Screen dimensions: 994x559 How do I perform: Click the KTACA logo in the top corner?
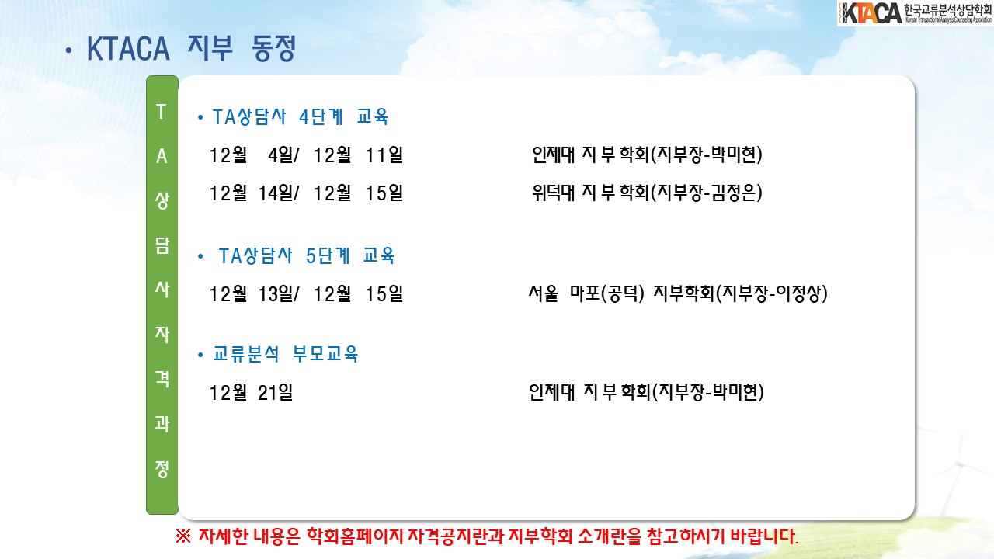coord(915,13)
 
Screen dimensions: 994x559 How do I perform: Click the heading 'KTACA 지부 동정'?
coord(191,48)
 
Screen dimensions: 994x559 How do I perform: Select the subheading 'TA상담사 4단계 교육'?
coord(301,117)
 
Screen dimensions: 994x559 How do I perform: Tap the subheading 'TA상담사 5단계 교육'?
coord(306,256)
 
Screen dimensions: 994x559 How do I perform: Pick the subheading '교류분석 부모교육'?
coord(285,354)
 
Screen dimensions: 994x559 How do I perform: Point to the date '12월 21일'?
coord(251,393)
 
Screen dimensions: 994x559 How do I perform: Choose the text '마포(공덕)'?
coord(606,293)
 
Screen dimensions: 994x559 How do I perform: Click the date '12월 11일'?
coord(358,155)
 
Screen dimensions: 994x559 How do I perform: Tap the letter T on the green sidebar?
coord(162,111)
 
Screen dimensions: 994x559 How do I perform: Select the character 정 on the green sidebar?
coord(162,470)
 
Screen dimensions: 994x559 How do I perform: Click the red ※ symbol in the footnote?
coord(183,536)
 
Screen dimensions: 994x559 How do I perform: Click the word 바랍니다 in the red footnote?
coord(764,536)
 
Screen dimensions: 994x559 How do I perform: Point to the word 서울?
coord(543,293)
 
